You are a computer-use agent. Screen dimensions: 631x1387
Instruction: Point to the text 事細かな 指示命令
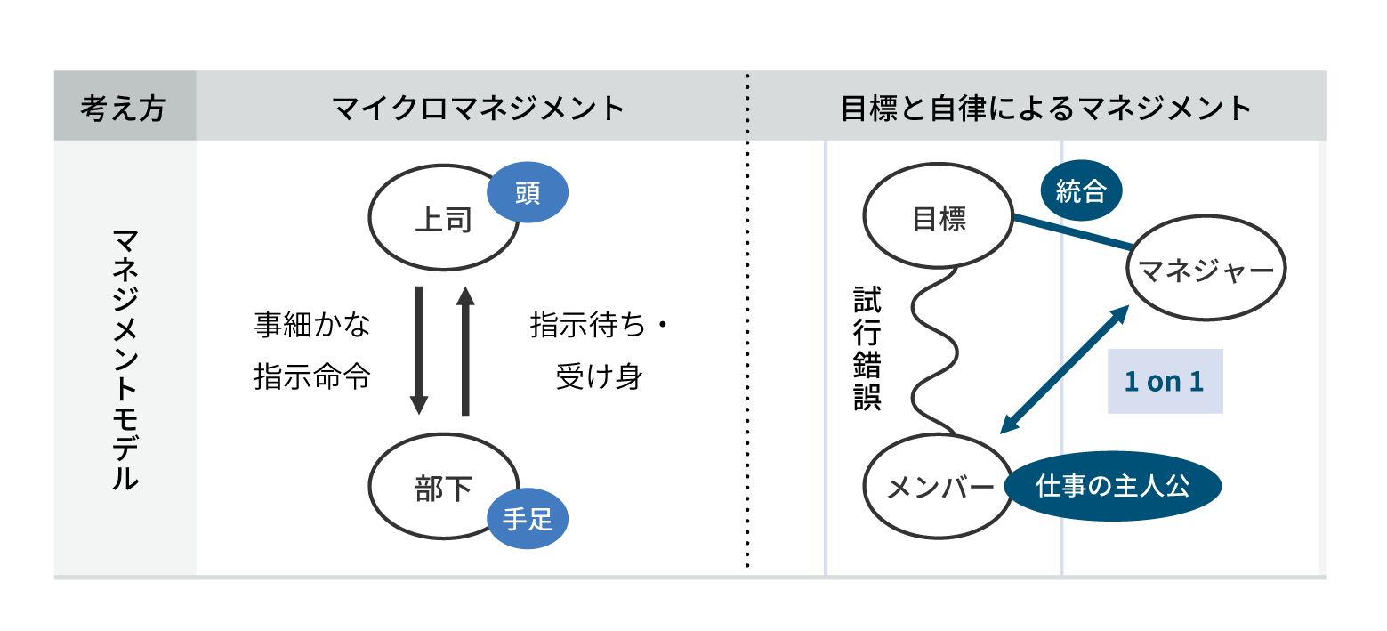(312, 351)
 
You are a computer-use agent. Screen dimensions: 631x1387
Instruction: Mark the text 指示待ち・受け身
(598, 351)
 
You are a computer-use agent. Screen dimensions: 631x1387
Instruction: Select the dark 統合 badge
(1081, 191)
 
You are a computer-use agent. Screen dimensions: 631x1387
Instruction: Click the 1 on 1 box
(1165, 382)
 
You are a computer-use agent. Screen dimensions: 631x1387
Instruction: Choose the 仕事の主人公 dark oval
(1113, 487)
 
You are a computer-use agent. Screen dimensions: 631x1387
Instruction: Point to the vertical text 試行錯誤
(867, 348)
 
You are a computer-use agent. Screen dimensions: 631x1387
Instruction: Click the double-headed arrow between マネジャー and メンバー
(1064, 369)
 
